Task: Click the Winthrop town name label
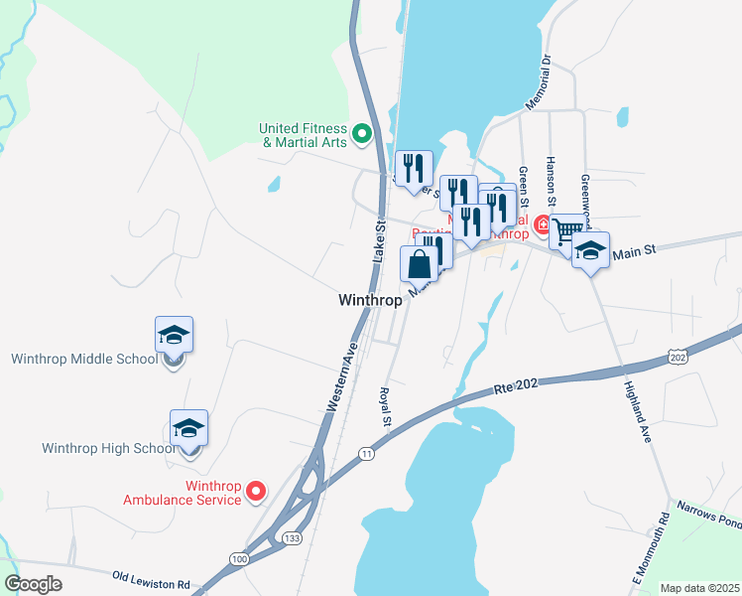click(370, 299)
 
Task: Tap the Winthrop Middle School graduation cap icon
click(174, 335)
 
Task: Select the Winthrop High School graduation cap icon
click(188, 428)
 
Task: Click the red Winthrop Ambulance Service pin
click(256, 490)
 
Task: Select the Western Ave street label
click(340, 378)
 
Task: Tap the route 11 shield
click(366, 454)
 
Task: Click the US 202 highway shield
click(677, 356)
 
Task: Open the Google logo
click(33, 584)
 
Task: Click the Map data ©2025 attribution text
click(700, 588)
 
